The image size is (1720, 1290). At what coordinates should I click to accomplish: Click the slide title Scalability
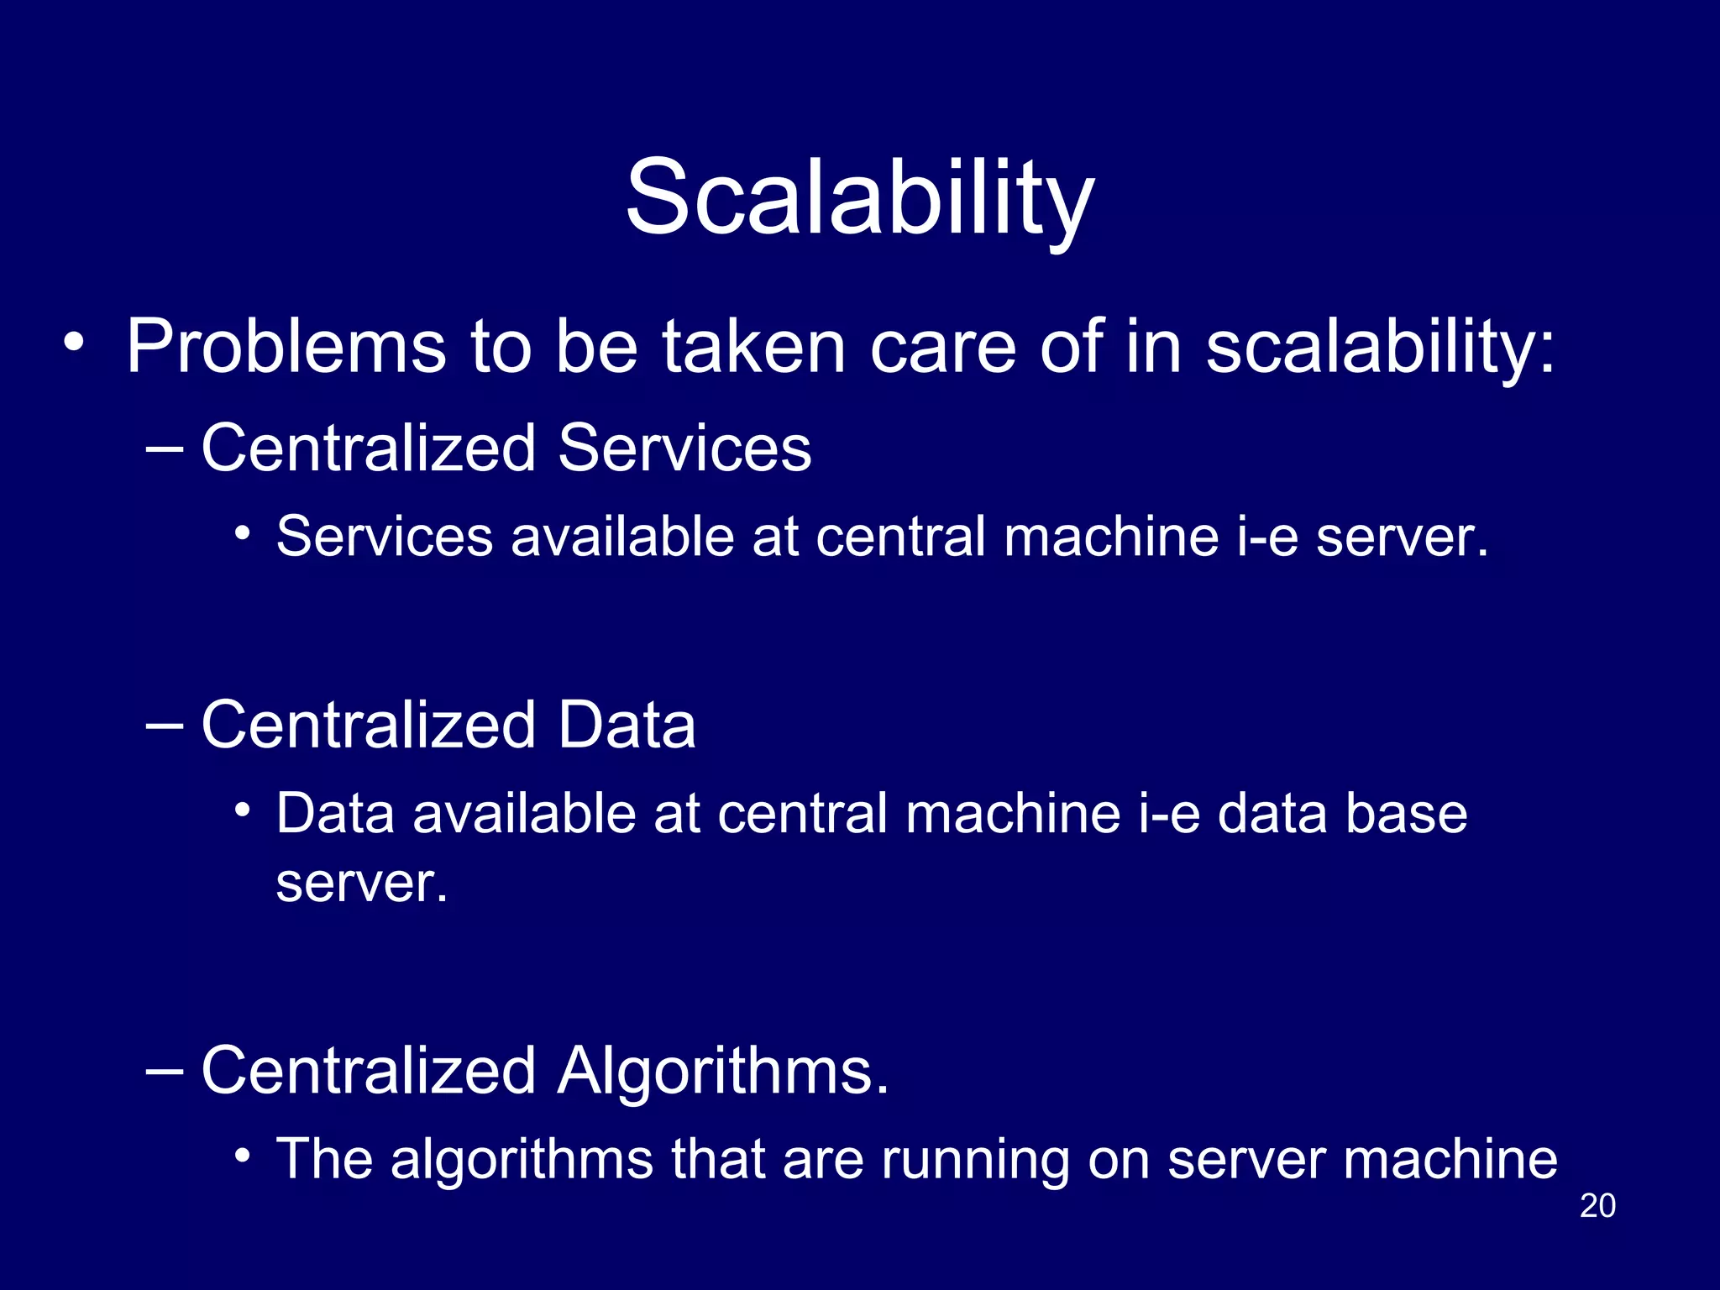coord(859,198)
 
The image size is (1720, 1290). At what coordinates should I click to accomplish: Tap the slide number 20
coord(1597,1205)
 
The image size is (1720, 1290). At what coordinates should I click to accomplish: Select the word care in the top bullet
coord(943,348)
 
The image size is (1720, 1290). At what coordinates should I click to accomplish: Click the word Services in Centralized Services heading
coord(684,448)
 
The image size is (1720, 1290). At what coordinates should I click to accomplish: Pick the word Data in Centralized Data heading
coord(627,725)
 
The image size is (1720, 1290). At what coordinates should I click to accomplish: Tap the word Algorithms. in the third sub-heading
coord(722,1072)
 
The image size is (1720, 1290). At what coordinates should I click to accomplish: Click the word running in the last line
coord(974,1160)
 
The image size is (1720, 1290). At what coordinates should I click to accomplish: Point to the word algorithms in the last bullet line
coord(522,1160)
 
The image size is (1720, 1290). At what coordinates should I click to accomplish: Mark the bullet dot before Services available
coord(243,532)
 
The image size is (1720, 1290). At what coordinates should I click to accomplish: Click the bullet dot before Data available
coord(243,810)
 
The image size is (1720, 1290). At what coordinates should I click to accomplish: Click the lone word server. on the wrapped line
coord(362,884)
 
